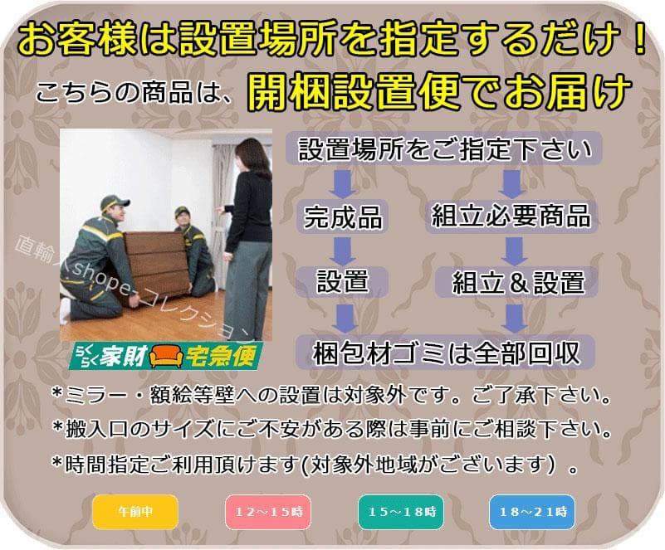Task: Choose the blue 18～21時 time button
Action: point(531,511)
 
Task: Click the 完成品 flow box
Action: point(343,217)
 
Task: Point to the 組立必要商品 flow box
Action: point(511,217)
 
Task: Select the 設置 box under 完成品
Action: point(342,281)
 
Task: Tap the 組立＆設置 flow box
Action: point(518,282)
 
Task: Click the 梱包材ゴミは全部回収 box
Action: point(445,352)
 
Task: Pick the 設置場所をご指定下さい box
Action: point(445,149)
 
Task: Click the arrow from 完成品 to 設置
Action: point(342,249)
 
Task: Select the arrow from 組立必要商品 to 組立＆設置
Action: point(515,249)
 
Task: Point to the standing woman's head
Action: point(251,156)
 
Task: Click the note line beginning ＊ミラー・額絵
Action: point(330,394)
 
